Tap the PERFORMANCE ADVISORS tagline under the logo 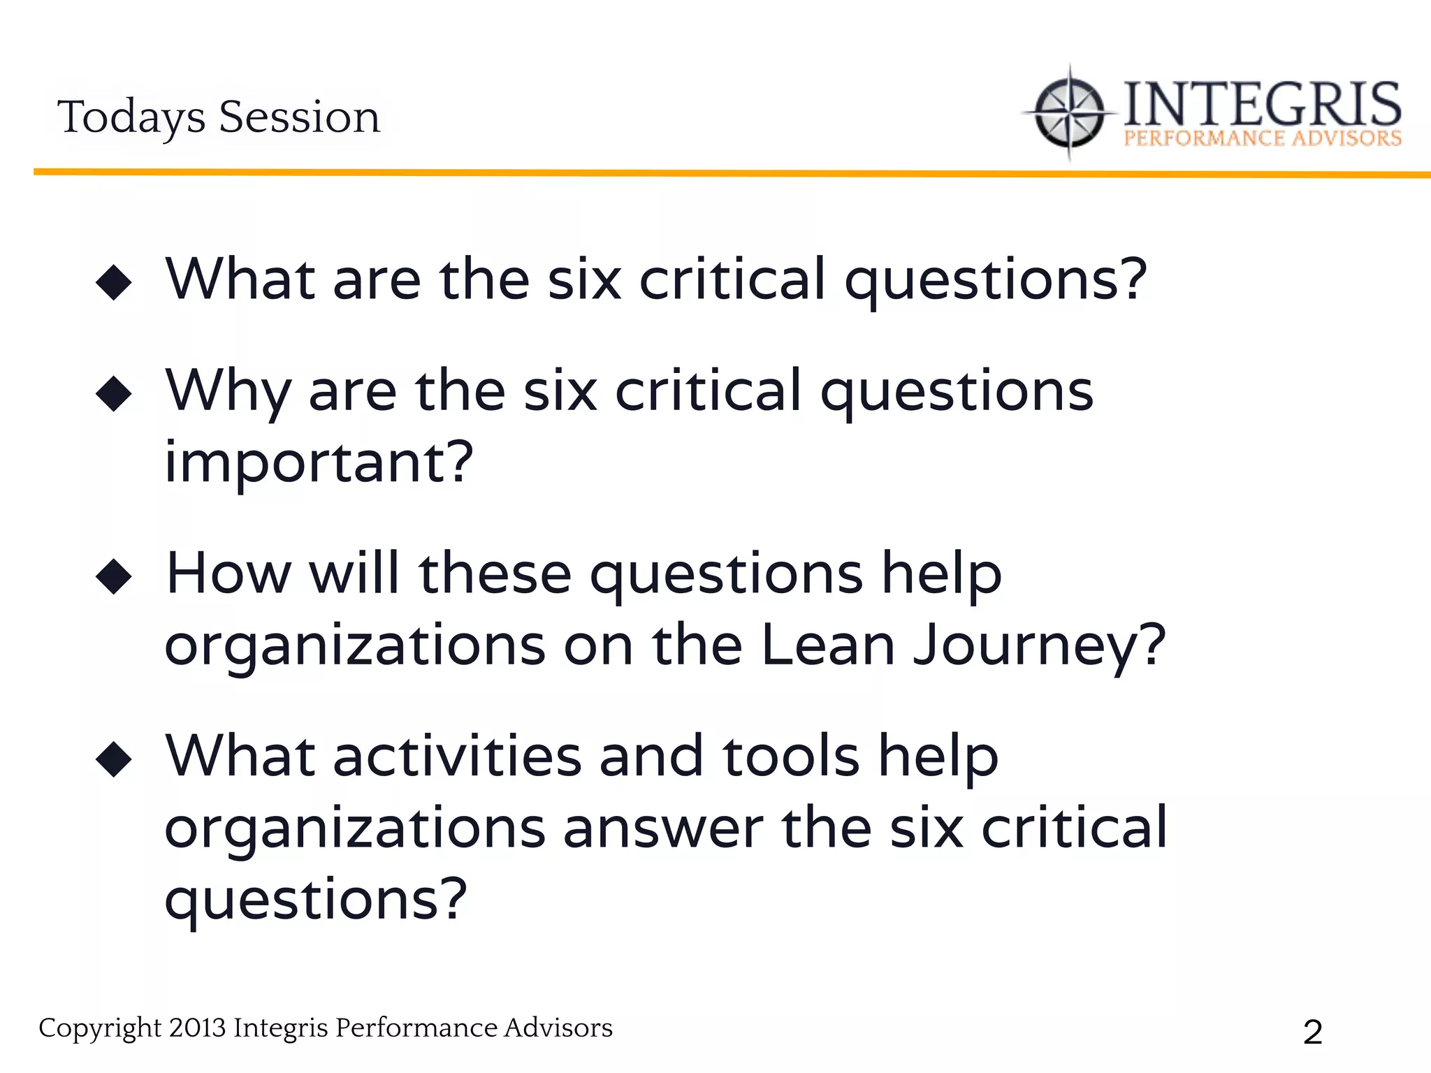click(x=1262, y=138)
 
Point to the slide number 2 click(x=1312, y=1032)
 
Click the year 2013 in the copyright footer click(x=197, y=1028)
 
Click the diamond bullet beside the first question click(x=114, y=283)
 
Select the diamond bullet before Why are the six click(x=114, y=394)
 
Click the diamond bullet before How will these click(x=114, y=576)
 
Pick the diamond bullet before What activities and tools click(x=114, y=759)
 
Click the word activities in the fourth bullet click(x=457, y=757)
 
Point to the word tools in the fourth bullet click(x=790, y=757)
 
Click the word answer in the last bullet click(x=663, y=829)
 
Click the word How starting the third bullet click(x=228, y=574)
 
